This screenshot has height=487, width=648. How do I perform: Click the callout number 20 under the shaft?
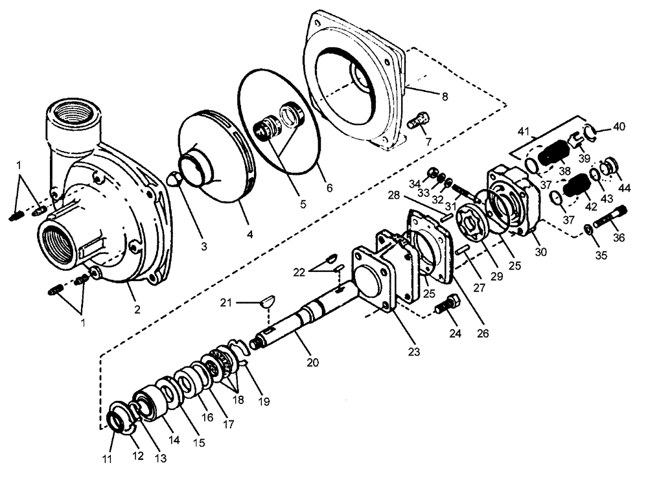click(x=313, y=363)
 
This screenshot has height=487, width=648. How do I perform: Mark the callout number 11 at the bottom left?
click(x=109, y=459)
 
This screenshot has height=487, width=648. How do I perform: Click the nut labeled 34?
click(x=430, y=173)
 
